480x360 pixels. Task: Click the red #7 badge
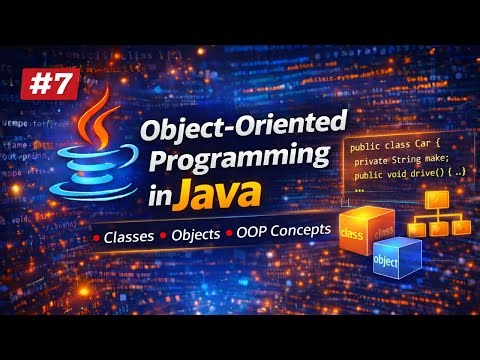48,83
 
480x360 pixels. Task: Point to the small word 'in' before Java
183,199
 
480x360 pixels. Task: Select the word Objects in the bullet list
201,239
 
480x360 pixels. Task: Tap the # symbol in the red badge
37,83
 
